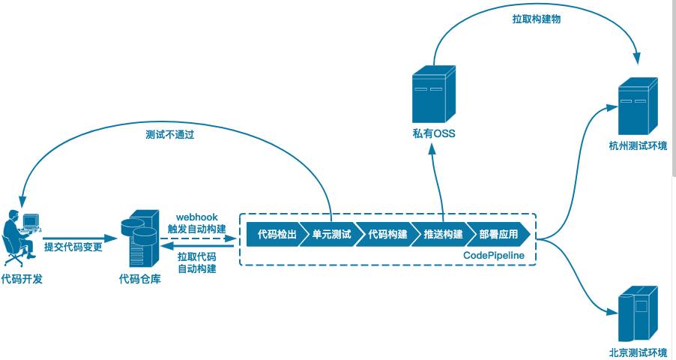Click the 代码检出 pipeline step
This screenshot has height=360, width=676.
pos(274,235)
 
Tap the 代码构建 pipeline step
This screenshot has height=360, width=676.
pos(387,235)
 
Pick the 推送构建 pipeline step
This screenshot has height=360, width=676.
pos(443,235)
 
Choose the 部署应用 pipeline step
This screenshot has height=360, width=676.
pos(498,235)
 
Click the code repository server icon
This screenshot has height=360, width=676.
pos(139,238)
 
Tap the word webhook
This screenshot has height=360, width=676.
pos(196,217)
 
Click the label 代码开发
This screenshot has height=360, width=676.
pos(22,280)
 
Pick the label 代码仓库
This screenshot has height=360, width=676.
pos(139,280)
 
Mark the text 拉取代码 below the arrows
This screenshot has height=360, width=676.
pos(196,256)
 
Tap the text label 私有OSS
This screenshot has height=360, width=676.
pos(434,134)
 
